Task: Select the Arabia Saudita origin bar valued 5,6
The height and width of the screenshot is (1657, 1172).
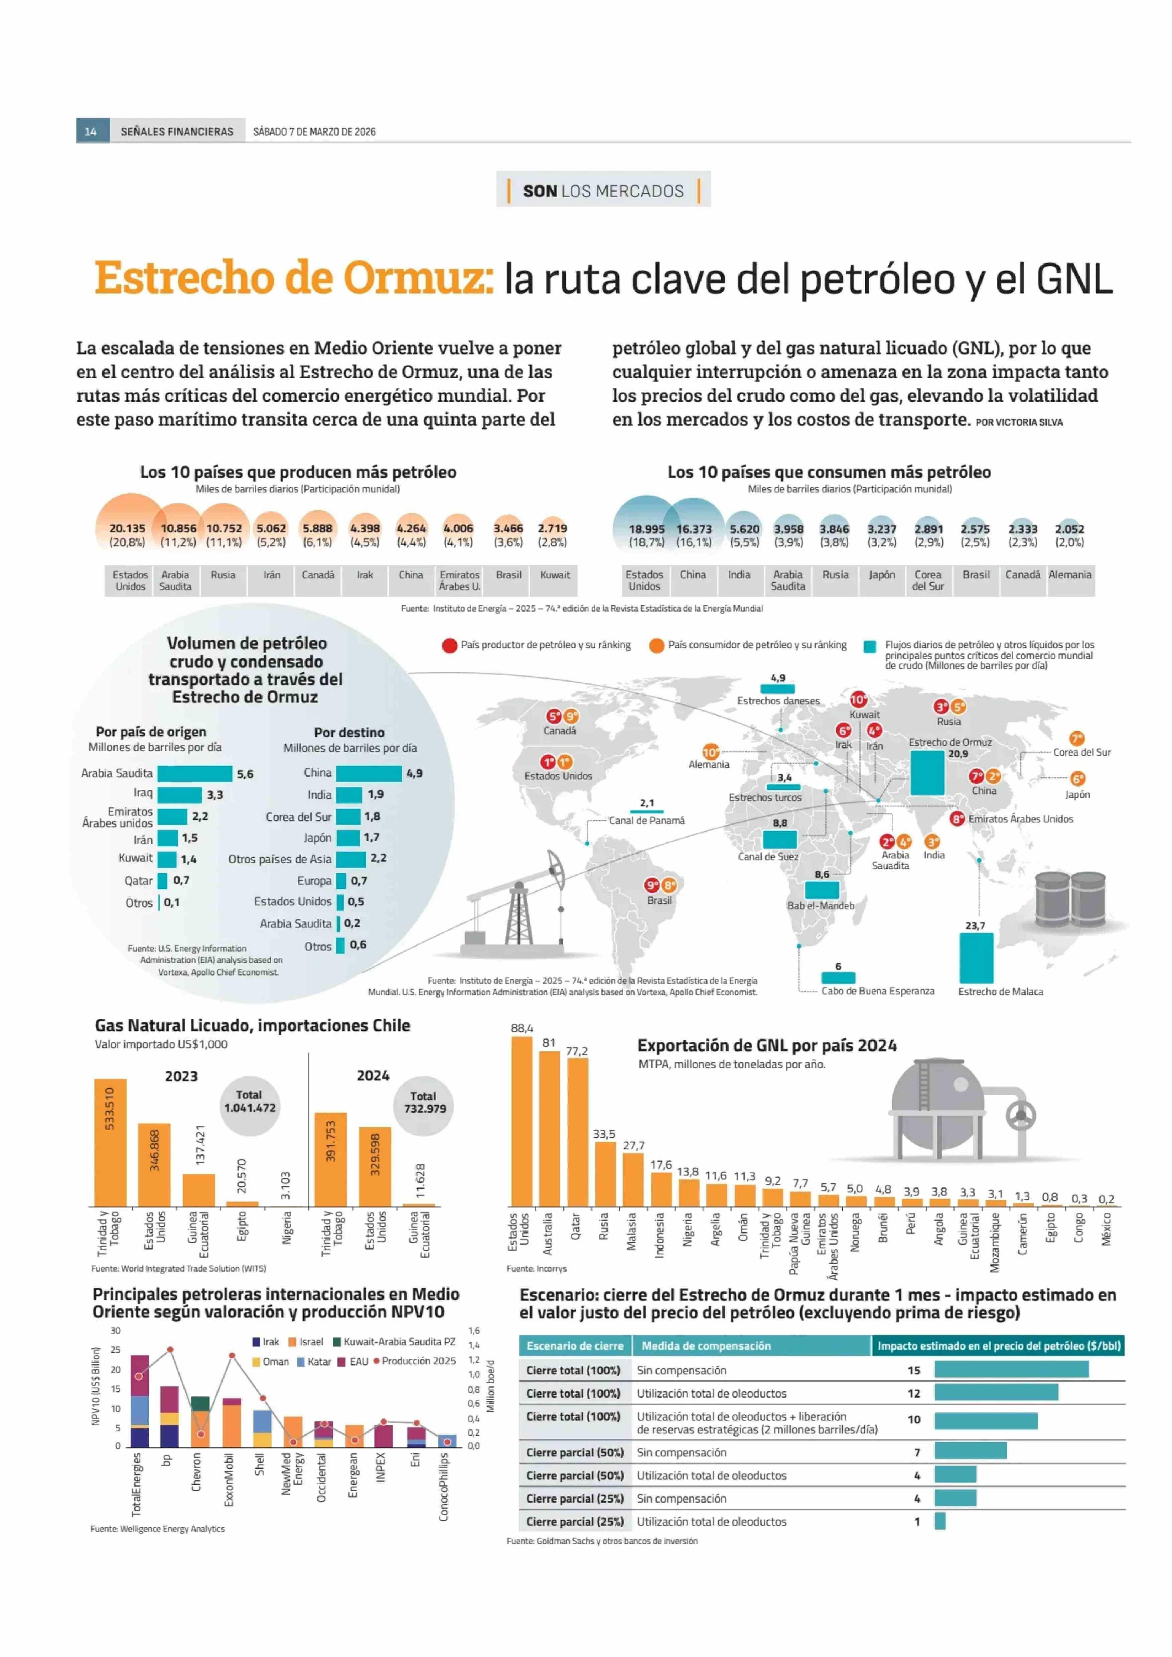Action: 195,773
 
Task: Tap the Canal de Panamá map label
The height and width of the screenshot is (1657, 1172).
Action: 646,820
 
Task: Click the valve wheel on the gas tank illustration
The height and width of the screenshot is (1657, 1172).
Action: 1020,1116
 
